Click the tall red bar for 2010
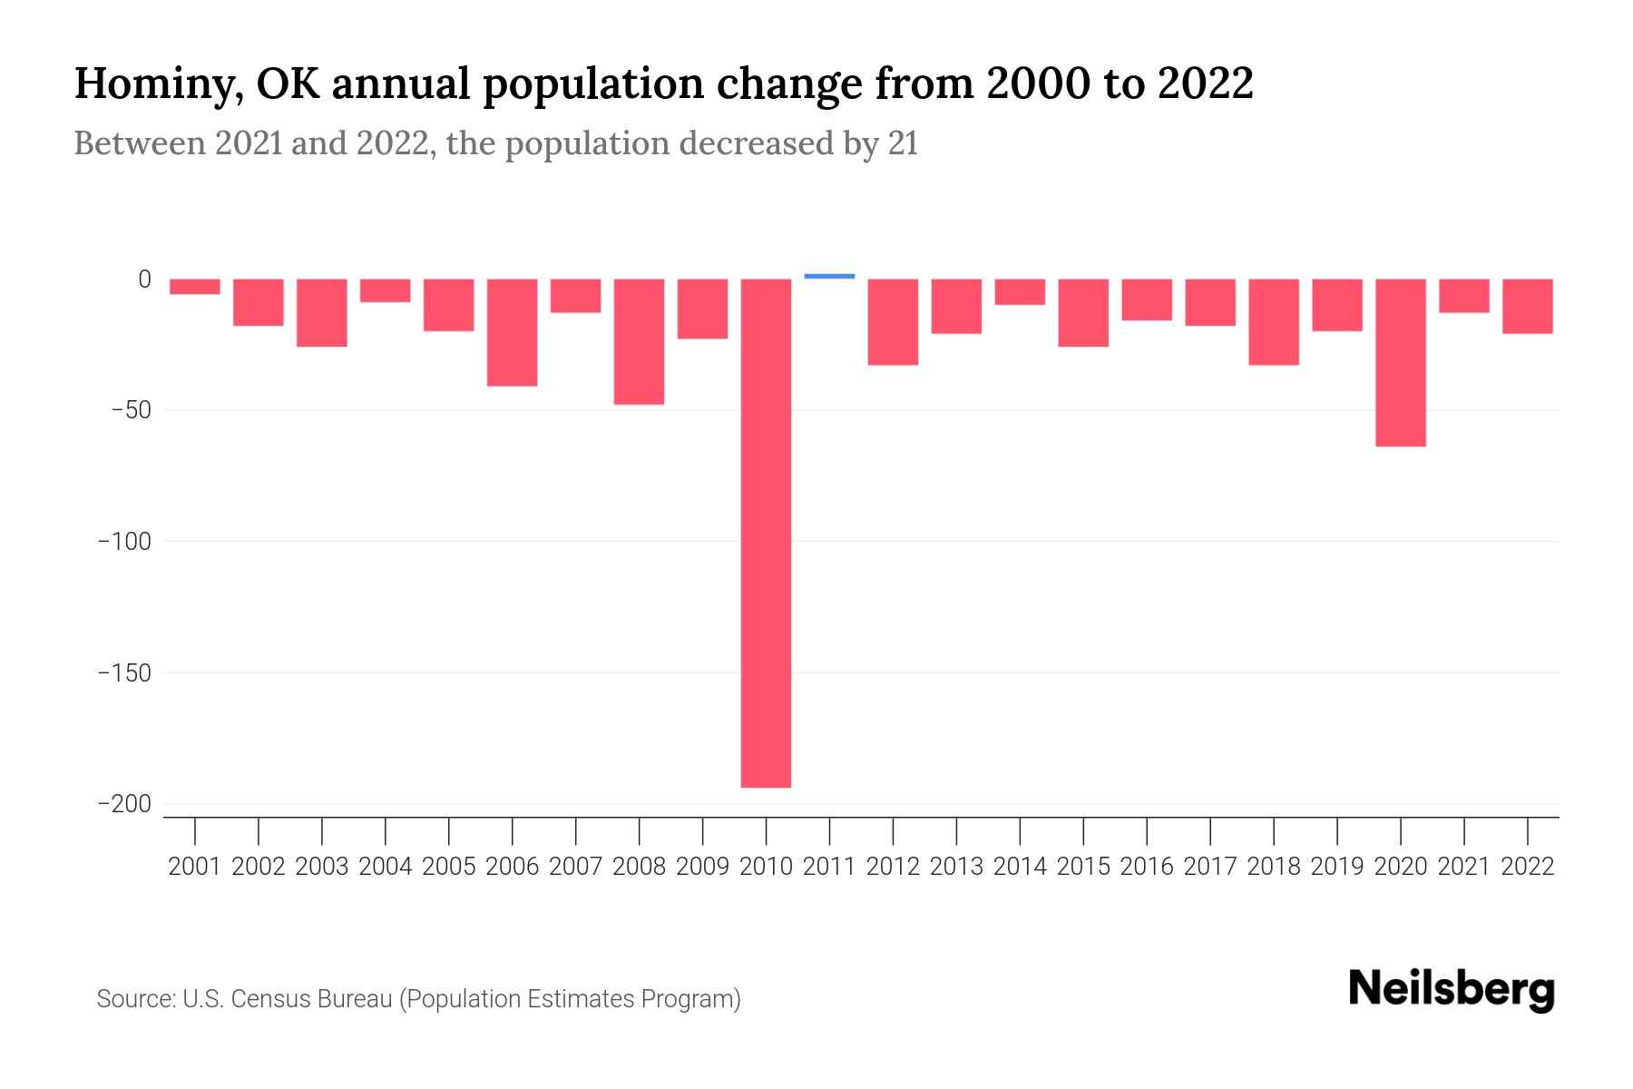(x=766, y=533)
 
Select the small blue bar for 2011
(x=829, y=276)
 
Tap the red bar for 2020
(x=1400, y=362)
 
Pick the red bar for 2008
(x=639, y=341)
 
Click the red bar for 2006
(x=512, y=332)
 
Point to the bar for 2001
(x=195, y=287)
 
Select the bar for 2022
(x=1527, y=306)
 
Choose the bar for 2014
(x=1020, y=291)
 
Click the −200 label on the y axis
(x=124, y=804)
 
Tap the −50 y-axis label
(x=131, y=410)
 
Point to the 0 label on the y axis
(x=144, y=280)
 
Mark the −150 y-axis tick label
(x=124, y=673)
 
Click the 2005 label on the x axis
(x=448, y=867)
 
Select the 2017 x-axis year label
(x=1209, y=867)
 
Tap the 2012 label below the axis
(x=893, y=867)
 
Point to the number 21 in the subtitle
(x=903, y=143)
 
